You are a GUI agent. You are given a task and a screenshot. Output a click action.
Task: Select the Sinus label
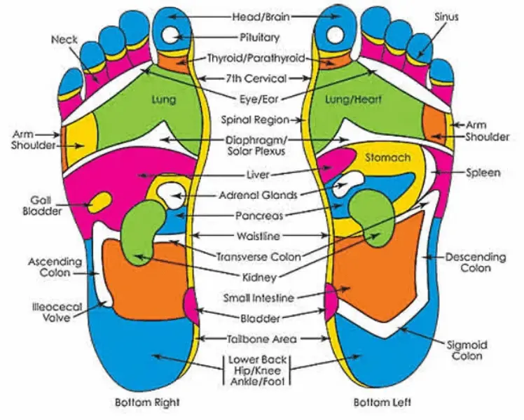pos(446,16)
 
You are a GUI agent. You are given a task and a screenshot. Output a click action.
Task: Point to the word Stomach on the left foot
pos(387,157)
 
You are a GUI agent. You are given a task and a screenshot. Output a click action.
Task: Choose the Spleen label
pos(483,172)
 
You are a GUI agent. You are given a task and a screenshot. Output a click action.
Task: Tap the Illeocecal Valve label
pos(49,311)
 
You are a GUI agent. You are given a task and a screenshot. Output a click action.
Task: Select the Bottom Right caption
pos(148,402)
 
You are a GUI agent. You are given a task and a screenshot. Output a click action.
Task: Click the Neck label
pos(64,39)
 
